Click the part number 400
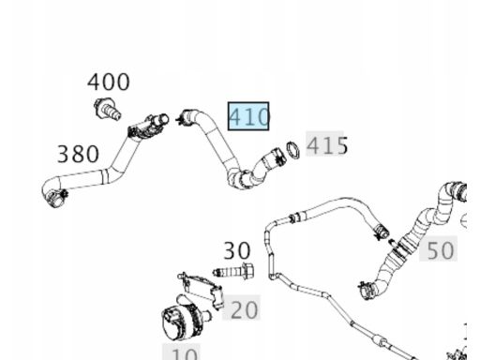tap(108, 82)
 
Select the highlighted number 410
tap(248, 116)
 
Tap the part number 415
tap(327, 145)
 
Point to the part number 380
tap(78, 154)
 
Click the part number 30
tap(237, 250)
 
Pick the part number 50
tap(440, 250)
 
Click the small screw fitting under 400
tap(107, 109)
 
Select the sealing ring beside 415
tap(292, 150)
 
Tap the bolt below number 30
tap(233, 271)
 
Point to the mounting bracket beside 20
tap(202, 289)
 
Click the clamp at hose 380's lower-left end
tap(56, 198)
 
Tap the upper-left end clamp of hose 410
tap(186, 117)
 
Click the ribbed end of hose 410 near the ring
tap(274, 157)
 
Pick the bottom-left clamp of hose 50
tap(367, 290)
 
